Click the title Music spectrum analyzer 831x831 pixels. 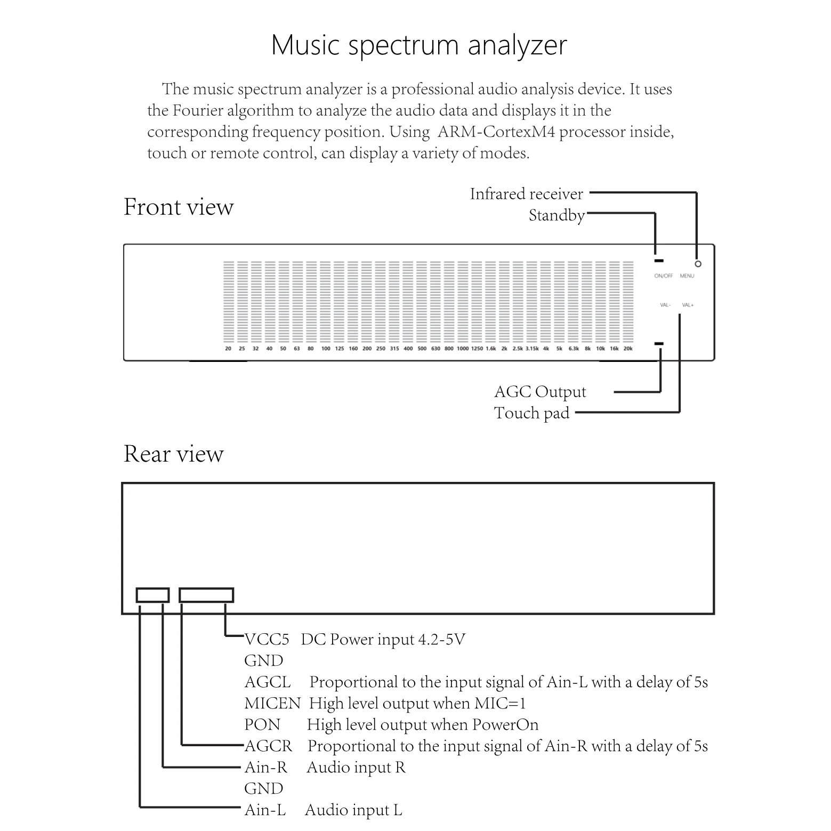click(418, 45)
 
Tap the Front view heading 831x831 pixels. click(179, 207)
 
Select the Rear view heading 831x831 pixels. click(173, 454)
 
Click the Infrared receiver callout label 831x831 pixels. click(526, 194)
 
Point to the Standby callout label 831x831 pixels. click(556, 215)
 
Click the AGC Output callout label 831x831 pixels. click(539, 392)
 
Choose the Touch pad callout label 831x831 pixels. click(531, 413)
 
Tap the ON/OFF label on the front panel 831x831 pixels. click(664, 276)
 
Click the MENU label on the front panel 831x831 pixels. click(687, 276)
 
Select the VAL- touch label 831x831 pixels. click(665, 305)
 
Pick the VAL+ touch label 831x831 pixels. click(688, 305)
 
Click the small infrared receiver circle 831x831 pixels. click(698, 264)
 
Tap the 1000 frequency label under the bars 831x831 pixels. click(463, 349)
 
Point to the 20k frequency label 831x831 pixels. click(628, 349)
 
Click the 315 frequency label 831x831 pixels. click(394, 349)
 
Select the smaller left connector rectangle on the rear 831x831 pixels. click(152, 595)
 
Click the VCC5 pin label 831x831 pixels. click(267, 639)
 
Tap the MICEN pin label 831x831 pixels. click(272, 703)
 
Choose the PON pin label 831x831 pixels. click(262, 724)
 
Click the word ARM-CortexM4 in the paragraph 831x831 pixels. click(496, 132)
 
